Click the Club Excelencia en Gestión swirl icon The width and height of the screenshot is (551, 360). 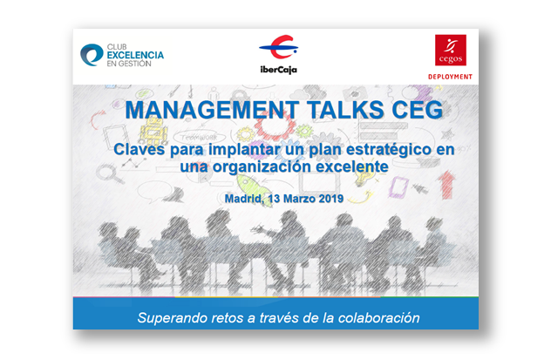pos(92,55)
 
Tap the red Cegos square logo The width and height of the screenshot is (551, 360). pos(451,50)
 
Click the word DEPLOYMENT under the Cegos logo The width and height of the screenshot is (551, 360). pos(450,77)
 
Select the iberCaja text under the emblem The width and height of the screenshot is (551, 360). pos(279,70)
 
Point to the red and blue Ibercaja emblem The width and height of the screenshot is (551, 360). pos(279,47)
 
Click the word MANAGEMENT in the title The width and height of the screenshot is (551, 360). pos(212,110)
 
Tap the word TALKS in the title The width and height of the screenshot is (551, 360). pos(344,110)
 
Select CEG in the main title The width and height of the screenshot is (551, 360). pos(417,110)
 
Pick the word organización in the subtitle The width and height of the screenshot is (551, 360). pos(262,166)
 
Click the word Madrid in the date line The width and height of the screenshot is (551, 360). pos(244,199)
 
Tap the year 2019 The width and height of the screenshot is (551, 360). pos(331,199)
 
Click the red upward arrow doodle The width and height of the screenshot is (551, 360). pos(446,185)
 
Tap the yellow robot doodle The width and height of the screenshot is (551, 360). pos(153,130)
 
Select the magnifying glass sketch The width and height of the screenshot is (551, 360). pos(111,174)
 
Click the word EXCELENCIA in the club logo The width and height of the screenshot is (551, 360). pos(135,55)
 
